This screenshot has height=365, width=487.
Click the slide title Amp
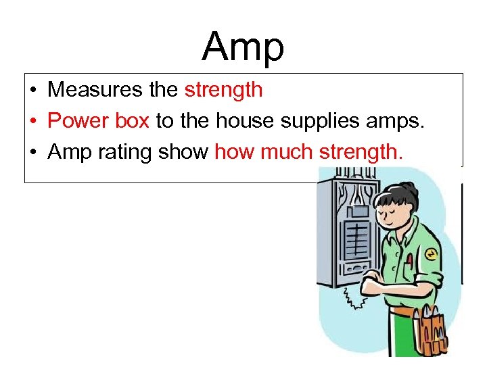[x=243, y=47]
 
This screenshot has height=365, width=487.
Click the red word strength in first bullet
[x=223, y=89]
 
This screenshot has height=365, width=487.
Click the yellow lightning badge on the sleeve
[x=430, y=254]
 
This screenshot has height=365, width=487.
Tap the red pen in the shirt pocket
[x=410, y=260]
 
